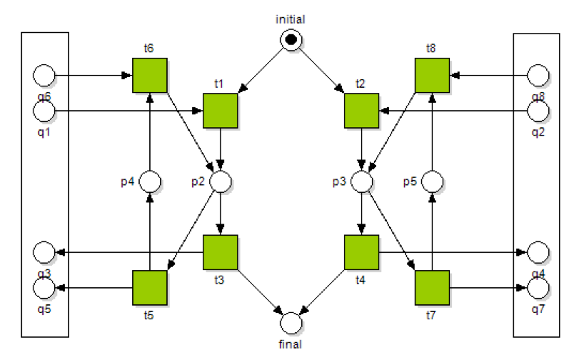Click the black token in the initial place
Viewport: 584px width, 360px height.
tap(291, 41)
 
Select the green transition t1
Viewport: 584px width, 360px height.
tap(221, 111)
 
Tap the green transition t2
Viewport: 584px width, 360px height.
tap(362, 111)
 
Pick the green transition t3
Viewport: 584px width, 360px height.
tap(221, 252)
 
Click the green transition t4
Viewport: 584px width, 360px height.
tap(362, 252)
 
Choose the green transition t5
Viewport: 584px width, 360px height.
tap(150, 288)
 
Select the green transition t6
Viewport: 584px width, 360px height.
tap(150, 75)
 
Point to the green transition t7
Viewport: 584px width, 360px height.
tap(432, 288)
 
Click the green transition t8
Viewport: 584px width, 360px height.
tap(432, 75)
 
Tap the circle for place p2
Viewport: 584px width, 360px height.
tap(221, 181)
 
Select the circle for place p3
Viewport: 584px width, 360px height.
tap(362, 181)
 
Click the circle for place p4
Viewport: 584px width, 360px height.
tap(150, 181)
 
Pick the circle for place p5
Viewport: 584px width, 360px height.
tap(432, 181)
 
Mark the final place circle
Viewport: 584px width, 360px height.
tap(291, 323)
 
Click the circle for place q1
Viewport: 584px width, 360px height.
tap(44, 111)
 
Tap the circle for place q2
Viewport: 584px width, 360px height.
tap(538, 111)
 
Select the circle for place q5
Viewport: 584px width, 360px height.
tap(44, 288)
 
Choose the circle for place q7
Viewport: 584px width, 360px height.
tap(538, 288)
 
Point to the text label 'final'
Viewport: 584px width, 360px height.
tap(291, 344)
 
